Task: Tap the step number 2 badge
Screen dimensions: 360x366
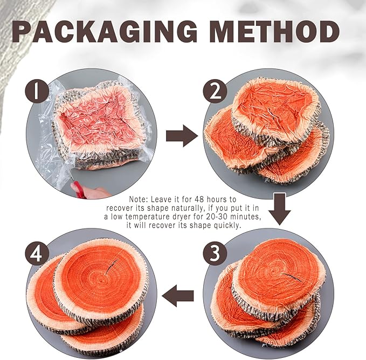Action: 215,92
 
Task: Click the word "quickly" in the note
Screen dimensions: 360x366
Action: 226,225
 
